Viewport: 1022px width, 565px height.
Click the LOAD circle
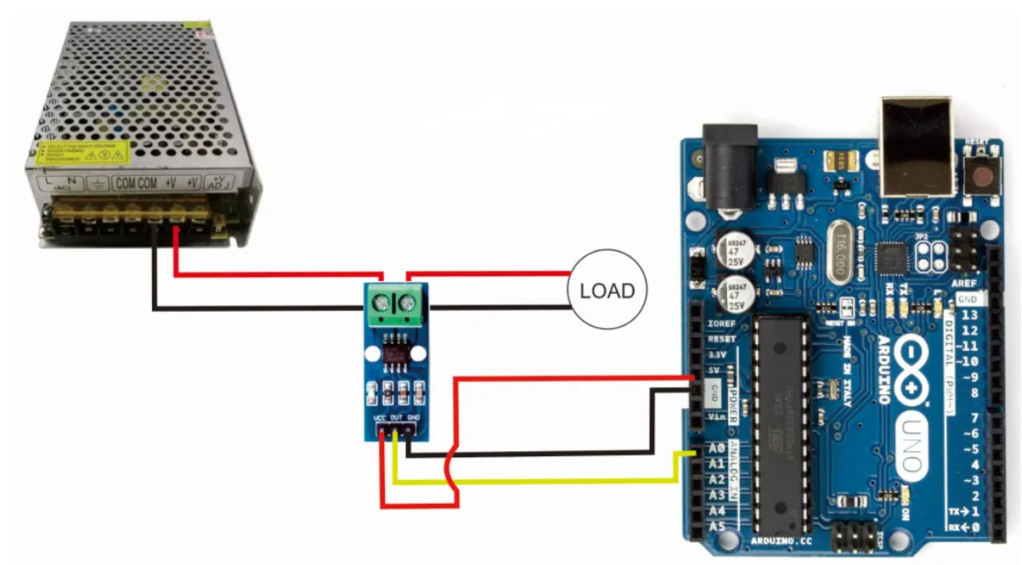607,291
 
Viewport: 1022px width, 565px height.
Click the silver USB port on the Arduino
918,149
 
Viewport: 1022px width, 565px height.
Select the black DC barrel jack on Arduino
730,166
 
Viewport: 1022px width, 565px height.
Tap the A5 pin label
715,527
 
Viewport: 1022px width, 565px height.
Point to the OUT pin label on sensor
396,419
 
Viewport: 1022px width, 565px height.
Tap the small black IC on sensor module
394,354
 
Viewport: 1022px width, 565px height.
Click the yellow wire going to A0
552,482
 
